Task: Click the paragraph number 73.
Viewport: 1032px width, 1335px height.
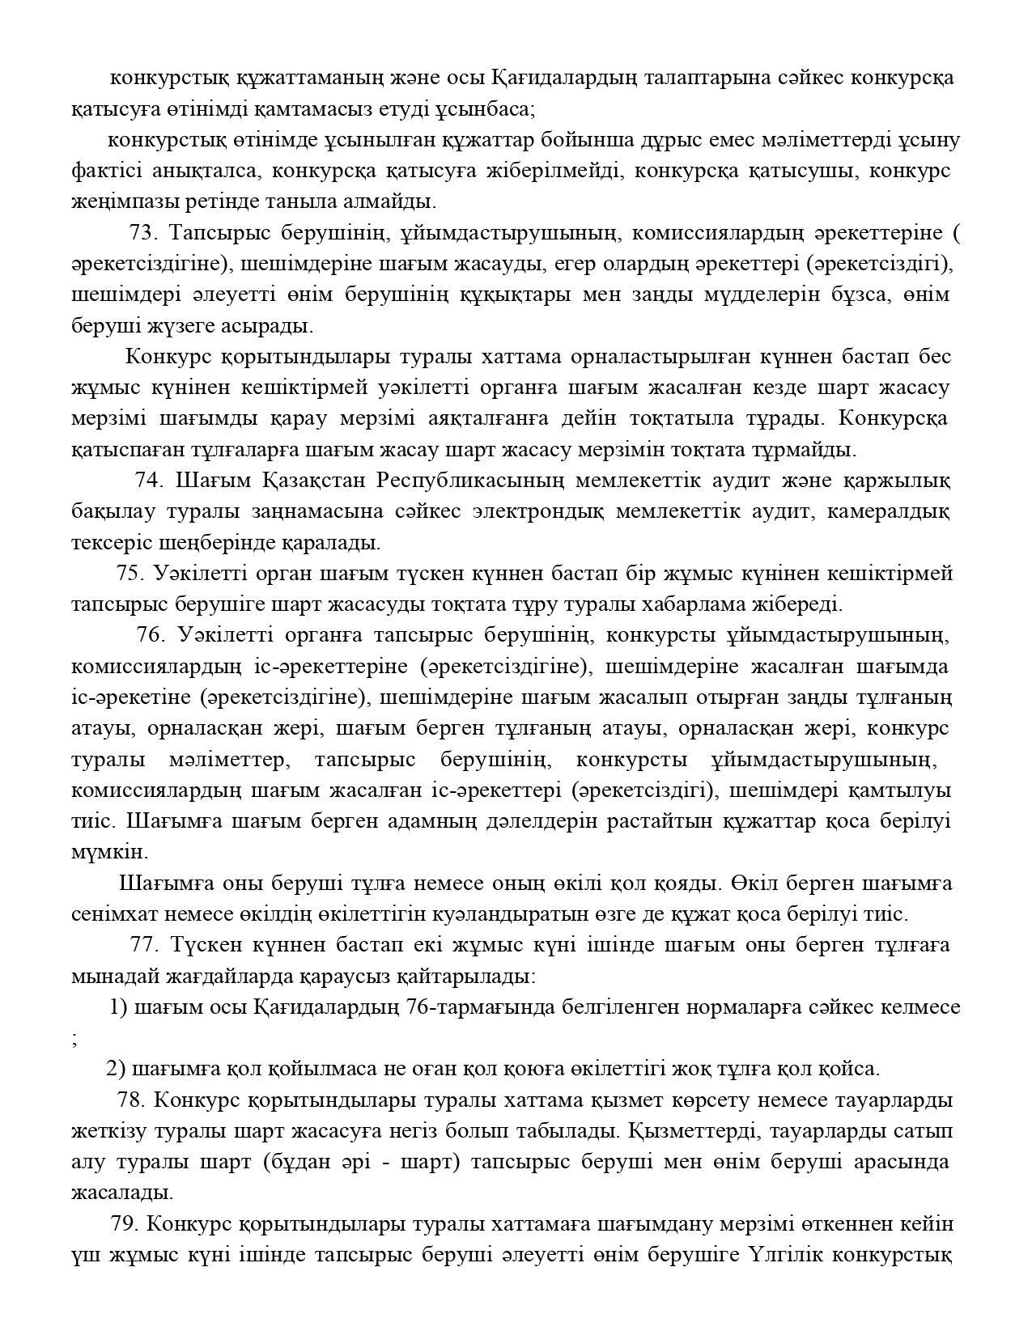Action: pyautogui.click(x=142, y=233)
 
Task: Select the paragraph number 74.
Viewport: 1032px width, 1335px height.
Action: pyautogui.click(x=149, y=480)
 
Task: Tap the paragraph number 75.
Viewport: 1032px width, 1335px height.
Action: pyautogui.click(x=130, y=573)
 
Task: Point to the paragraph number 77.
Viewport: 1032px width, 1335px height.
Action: pyautogui.click(x=142, y=944)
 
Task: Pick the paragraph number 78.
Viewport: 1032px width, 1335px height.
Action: pyautogui.click(x=130, y=1100)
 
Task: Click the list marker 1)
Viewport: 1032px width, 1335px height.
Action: pyautogui.click(x=118, y=1007)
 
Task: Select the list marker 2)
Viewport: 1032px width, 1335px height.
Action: pyautogui.click(x=116, y=1069)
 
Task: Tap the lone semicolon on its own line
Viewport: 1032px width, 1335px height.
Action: pyautogui.click(x=75, y=1040)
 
